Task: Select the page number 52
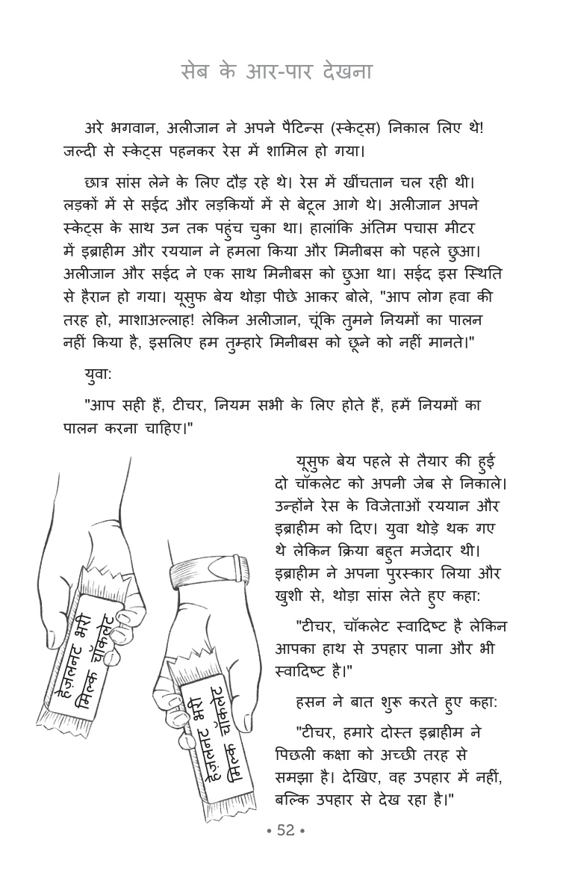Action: click(x=286, y=831)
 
